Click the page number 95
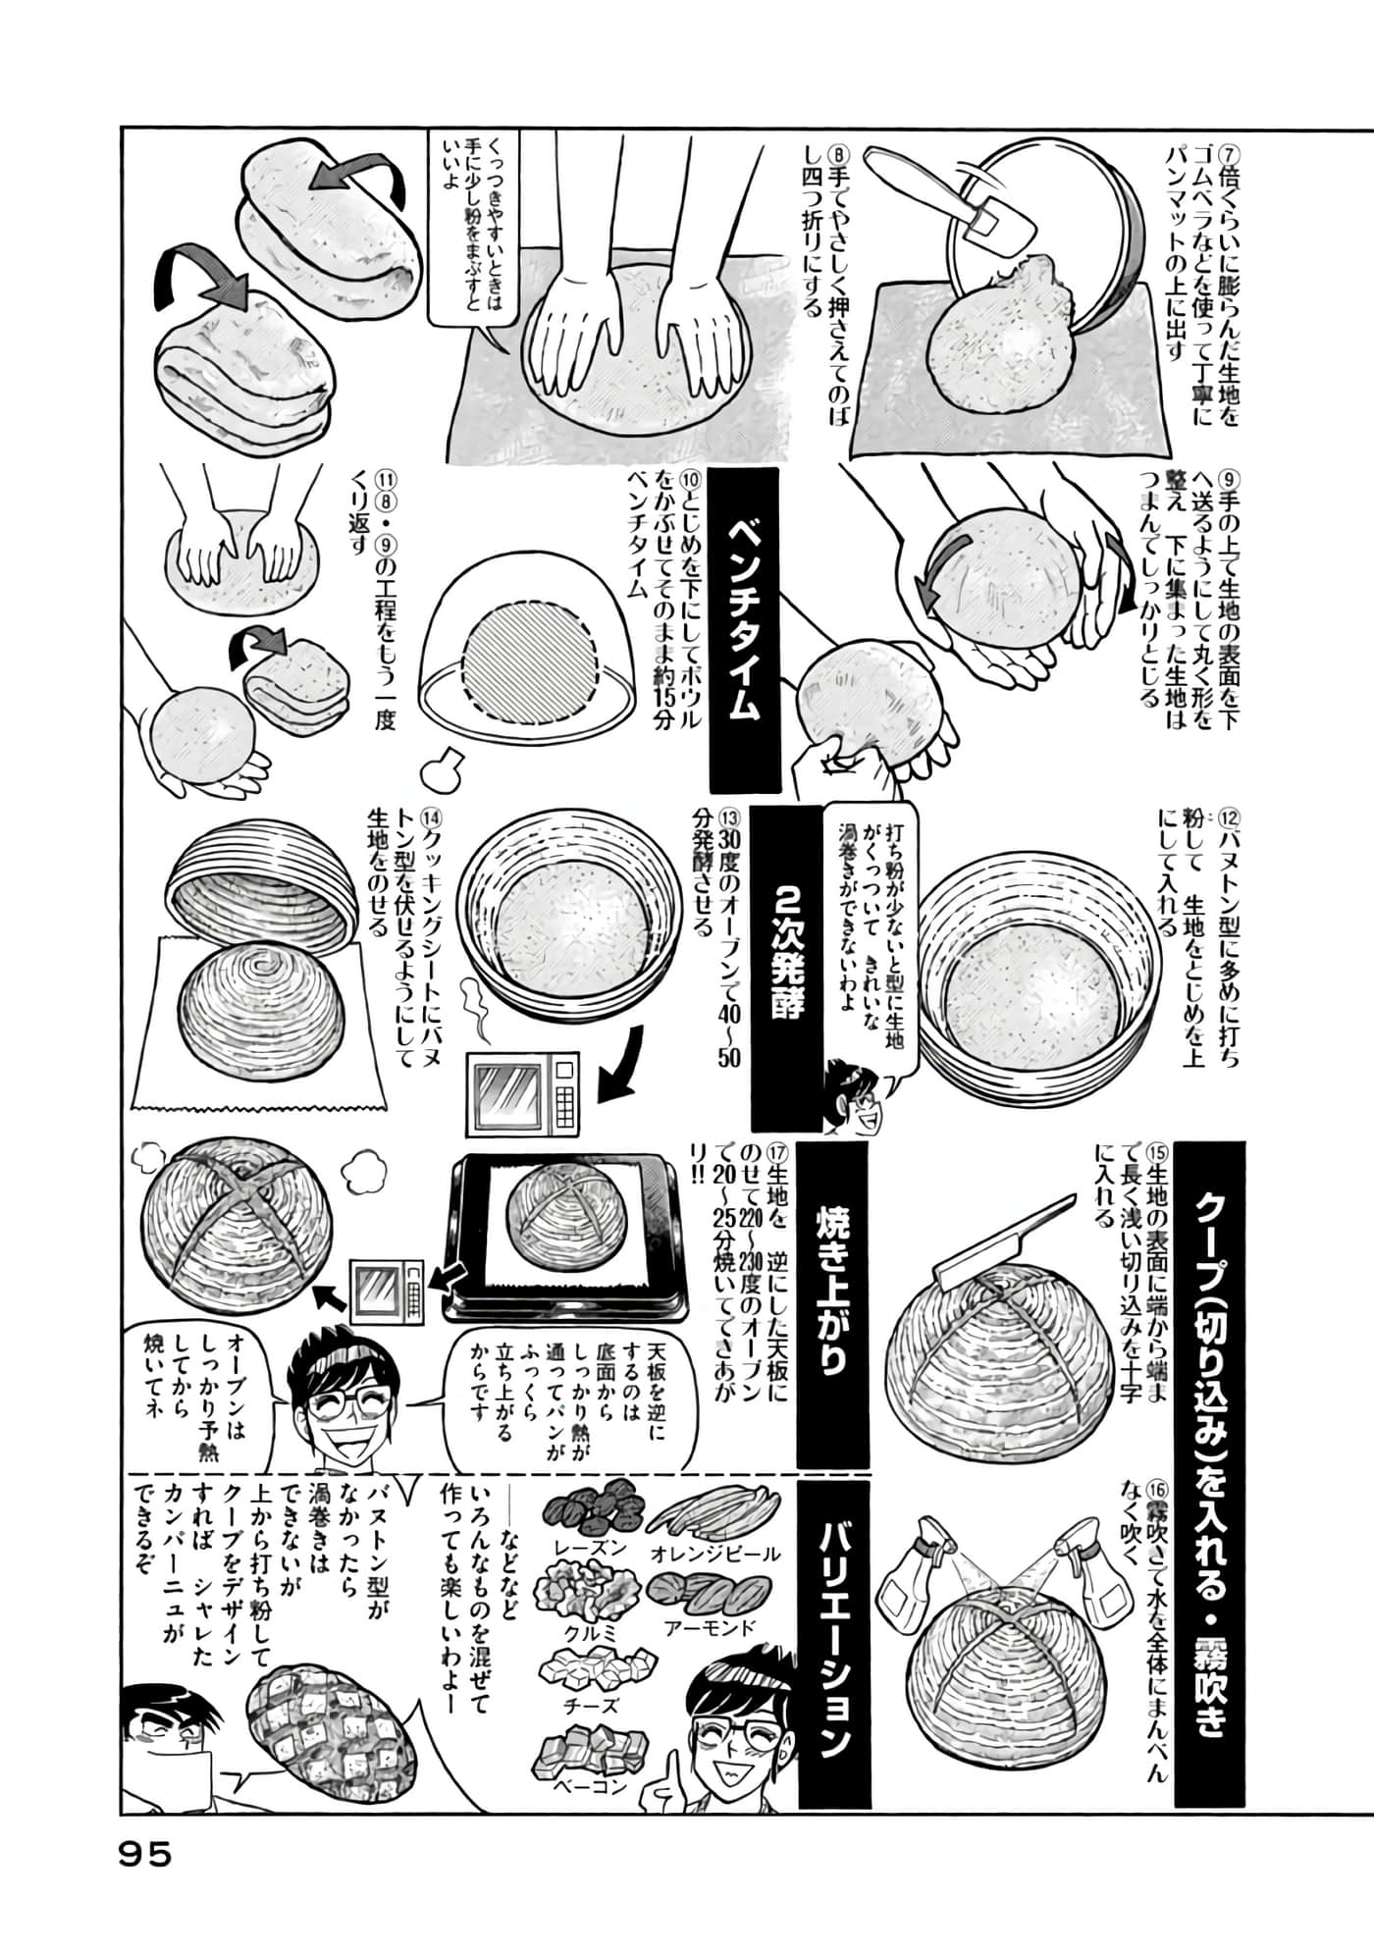145,1854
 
